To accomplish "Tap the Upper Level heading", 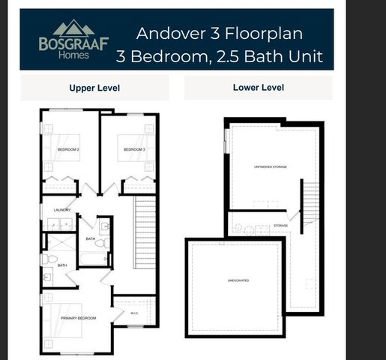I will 94,88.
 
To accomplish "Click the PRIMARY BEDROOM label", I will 78,318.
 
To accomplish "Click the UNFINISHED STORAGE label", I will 271,166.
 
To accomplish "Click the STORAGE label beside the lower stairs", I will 280,225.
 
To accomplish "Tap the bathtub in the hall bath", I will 95,259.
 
